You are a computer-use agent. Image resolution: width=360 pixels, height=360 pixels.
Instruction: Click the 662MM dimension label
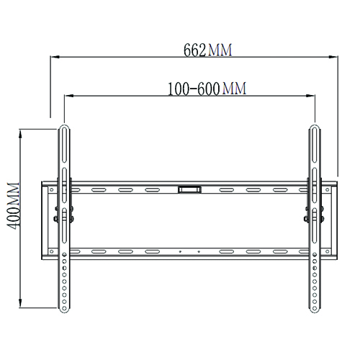(x=209, y=50)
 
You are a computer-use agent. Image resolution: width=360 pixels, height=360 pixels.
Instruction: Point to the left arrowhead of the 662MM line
(x=53, y=58)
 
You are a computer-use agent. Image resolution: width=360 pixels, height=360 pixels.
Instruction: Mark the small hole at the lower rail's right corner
(x=330, y=252)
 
